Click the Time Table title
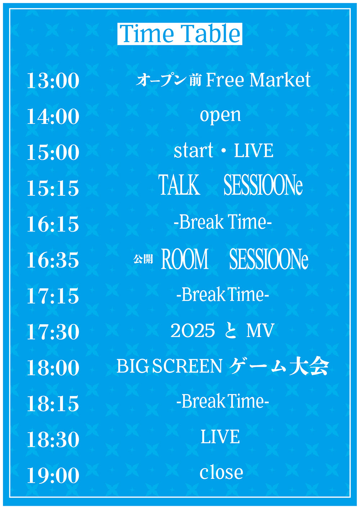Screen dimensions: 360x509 pyautogui.click(x=180, y=33)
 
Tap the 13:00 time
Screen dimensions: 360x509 pyautogui.click(x=53, y=81)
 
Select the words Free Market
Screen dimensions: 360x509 pyautogui.click(x=258, y=80)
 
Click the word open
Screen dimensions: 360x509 pyautogui.click(x=220, y=116)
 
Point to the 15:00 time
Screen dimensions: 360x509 pyautogui.click(x=53, y=152)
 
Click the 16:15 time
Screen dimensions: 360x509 pyautogui.click(x=53, y=224)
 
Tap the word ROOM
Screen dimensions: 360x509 pyautogui.click(x=185, y=259)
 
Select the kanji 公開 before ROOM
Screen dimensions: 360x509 pyautogui.click(x=143, y=259)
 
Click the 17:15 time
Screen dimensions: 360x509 pyautogui.click(x=53, y=296)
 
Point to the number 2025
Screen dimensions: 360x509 pyautogui.click(x=193, y=330)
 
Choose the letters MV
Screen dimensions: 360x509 pyautogui.click(x=260, y=330)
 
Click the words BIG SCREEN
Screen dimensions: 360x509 pyautogui.click(x=169, y=366)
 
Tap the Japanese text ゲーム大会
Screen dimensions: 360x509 pyautogui.click(x=279, y=366)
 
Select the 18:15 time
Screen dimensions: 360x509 pyautogui.click(x=53, y=404)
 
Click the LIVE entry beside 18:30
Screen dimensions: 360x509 pyautogui.click(x=220, y=437)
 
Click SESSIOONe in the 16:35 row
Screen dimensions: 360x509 pyautogui.click(x=269, y=259)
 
